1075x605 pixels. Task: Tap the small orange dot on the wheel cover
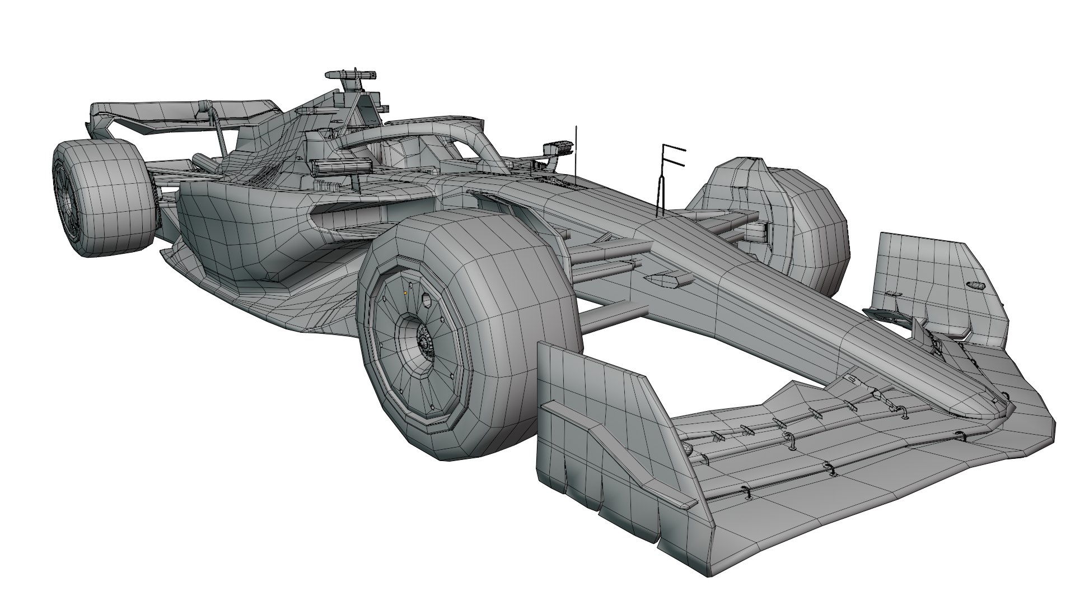(x=405, y=292)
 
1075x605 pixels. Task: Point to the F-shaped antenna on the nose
(x=669, y=160)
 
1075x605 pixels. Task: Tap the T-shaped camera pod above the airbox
(x=350, y=75)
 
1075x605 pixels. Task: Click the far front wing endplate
(x=929, y=280)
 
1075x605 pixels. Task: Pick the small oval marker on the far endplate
(x=976, y=285)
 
